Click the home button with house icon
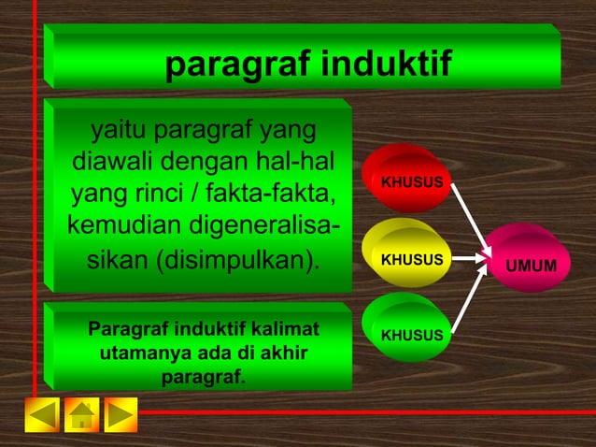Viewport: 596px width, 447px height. (81, 414)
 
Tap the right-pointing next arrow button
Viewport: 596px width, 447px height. (121, 414)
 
